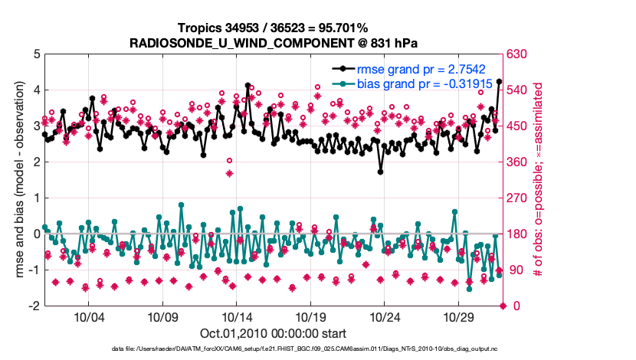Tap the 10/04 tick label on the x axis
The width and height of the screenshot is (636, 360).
(x=88, y=316)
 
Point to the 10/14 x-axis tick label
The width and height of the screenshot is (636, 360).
(x=237, y=316)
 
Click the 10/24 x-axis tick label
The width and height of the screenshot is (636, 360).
(x=385, y=316)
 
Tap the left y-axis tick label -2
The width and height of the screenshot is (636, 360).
(x=33, y=306)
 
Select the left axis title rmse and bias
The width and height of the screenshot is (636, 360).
(x=21, y=180)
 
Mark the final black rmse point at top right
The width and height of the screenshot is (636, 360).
(x=499, y=81)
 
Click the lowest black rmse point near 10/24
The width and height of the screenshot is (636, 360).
(x=380, y=172)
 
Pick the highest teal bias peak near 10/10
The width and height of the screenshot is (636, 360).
(x=181, y=205)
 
